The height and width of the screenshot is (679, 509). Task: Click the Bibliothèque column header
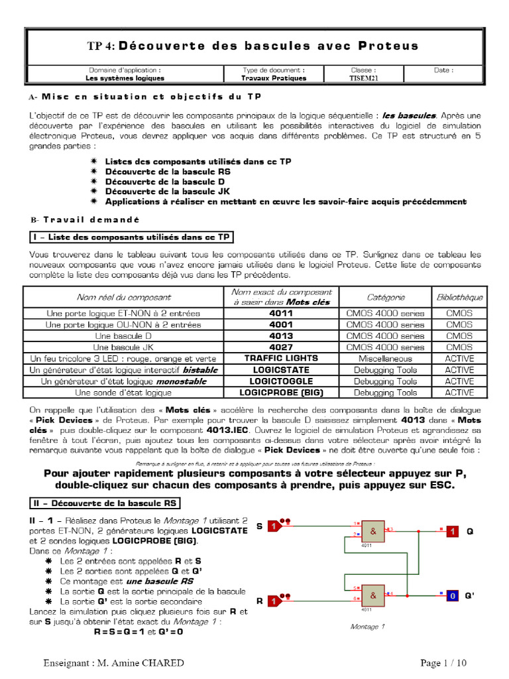pyautogui.click(x=459, y=297)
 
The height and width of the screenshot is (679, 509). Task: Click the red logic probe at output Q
pyautogui.click(x=451, y=532)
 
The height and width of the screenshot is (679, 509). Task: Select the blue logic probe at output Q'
pyautogui.click(x=451, y=596)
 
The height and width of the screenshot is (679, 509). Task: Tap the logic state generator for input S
pyautogui.click(x=274, y=526)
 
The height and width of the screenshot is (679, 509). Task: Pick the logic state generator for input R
pyautogui.click(x=274, y=601)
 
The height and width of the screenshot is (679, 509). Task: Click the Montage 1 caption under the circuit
pyautogui.click(x=367, y=626)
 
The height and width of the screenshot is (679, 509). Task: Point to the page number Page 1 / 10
pyautogui.click(x=443, y=663)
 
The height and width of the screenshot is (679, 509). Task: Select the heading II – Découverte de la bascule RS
pyautogui.click(x=102, y=501)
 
